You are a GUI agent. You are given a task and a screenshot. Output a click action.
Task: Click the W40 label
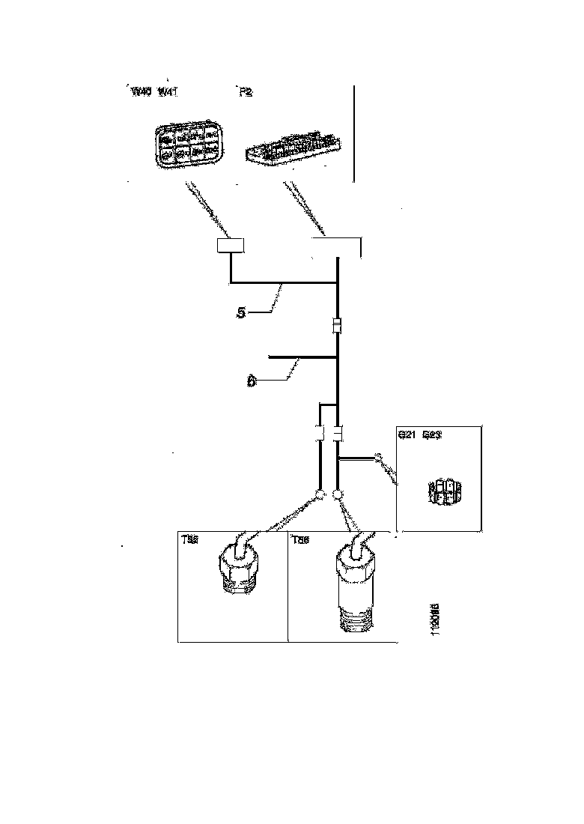(x=141, y=92)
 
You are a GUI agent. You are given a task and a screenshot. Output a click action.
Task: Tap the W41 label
(x=166, y=92)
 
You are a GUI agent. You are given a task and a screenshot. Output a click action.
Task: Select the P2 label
(x=245, y=92)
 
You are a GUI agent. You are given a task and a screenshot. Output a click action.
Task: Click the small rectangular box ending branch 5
(x=232, y=246)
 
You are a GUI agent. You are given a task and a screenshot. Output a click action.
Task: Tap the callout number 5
(x=240, y=313)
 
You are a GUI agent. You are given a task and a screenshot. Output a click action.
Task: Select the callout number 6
(x=252, y=381)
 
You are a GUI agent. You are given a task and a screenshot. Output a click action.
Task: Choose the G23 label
(x=432, y=434)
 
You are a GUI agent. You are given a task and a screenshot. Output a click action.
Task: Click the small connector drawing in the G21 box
(x=444, y=491)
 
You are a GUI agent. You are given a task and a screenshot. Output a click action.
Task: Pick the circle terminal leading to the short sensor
(x=320, y=494)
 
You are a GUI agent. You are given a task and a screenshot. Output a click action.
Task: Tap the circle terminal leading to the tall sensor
(x=338, y=494)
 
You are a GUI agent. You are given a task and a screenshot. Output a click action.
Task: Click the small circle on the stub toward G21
(x=378, y=456)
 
